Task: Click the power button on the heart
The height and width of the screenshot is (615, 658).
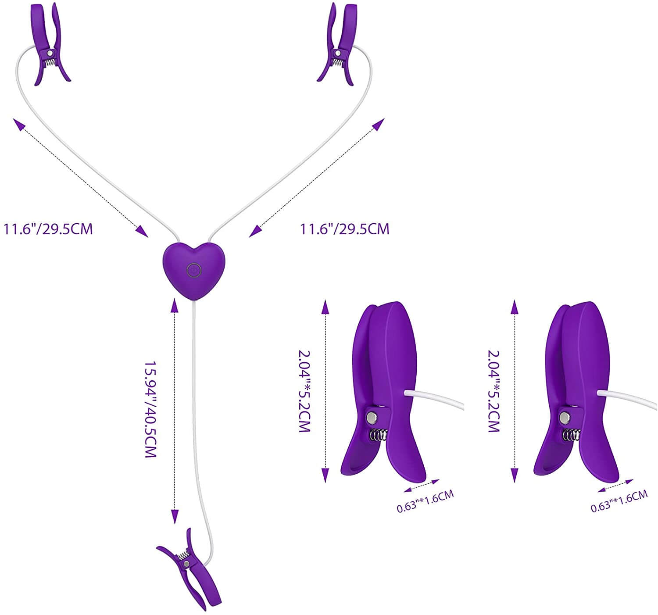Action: (194, 270)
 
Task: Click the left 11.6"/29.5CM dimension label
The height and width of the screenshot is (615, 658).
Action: (48, 229)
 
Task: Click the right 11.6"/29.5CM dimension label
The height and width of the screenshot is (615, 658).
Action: (344, 229)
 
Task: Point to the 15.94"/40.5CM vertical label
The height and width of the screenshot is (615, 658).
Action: (150, 409)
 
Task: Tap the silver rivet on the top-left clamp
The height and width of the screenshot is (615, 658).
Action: (50, 53)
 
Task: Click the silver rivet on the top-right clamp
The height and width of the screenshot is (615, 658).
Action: (338, 53)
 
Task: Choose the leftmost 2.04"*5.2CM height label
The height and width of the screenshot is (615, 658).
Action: (304, 391)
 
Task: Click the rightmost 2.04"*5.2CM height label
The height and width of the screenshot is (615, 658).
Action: (493, 391)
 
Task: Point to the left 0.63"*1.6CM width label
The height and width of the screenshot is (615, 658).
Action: (426, 501)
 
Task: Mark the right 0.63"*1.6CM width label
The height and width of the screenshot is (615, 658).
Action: (619, 501)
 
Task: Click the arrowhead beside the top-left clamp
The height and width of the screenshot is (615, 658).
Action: (19, 124)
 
